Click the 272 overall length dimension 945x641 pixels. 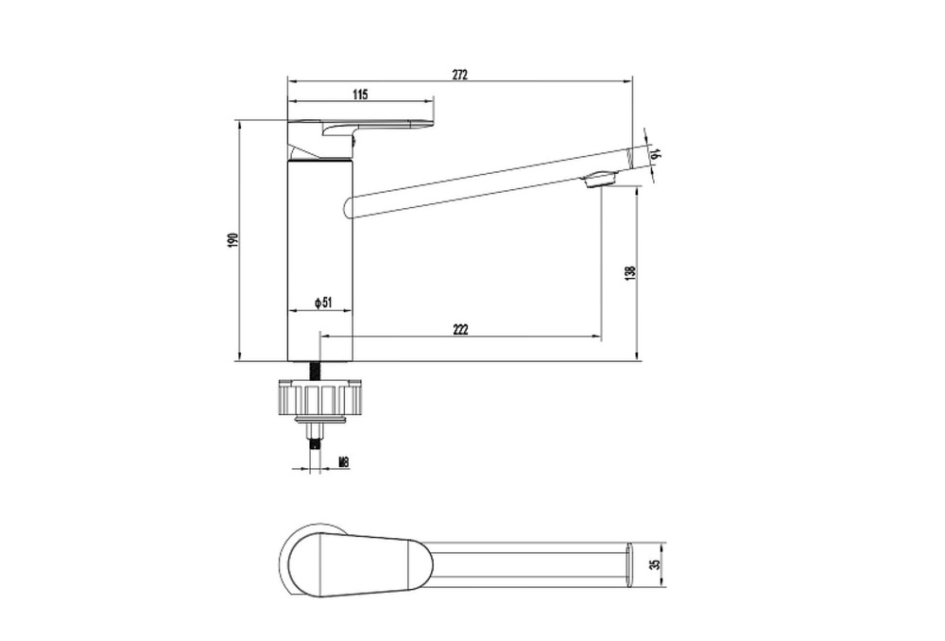[460, 75]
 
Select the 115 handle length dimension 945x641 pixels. [360, 94]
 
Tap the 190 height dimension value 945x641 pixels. [234, 239]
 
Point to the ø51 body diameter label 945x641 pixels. [323, 303]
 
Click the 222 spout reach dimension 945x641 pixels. [460, 329]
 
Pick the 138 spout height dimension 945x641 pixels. [631, 273]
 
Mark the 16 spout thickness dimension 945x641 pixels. [656, 154]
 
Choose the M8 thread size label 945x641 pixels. [344, 462]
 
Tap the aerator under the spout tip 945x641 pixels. [600, 179]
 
